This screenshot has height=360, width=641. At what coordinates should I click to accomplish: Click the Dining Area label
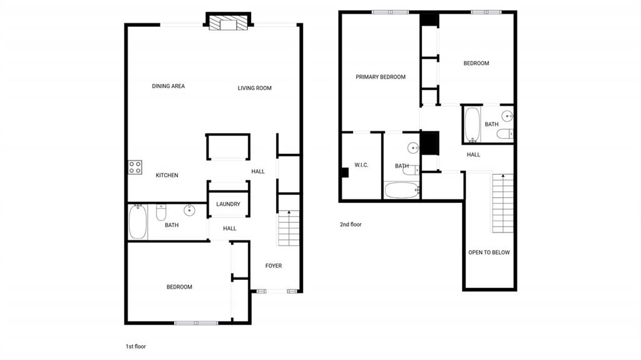[x=168, y=86]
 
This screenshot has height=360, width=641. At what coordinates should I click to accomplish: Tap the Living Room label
[x=254, y=88]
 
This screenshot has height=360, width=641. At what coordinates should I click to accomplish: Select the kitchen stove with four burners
[x=135, y=167]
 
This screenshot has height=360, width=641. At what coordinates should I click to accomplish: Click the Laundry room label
[x=228, y=204]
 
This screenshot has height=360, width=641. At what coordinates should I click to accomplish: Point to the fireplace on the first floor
[x=228, y=22]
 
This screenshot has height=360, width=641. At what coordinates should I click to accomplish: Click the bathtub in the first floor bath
[x=138, y=221]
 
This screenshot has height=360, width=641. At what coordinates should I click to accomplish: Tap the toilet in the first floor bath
[x=161, y=212]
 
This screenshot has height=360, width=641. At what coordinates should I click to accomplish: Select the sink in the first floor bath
[x=189, y=210]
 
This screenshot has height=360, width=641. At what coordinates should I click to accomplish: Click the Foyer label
[x=274, y=266]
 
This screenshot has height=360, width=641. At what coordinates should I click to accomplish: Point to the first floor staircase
[x=289, y=229]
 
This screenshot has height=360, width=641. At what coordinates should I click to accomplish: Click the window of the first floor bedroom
[x=196, y=323]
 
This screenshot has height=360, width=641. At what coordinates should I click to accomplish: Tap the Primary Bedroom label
[x=381, y=77]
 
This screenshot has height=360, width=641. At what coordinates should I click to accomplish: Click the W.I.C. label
[x=361, y=165]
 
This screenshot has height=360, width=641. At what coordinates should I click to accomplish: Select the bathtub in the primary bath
[x=402, y=190]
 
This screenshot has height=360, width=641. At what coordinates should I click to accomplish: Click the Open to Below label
[x=489, y=252]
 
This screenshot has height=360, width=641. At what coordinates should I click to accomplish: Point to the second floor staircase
[x=503, y=203]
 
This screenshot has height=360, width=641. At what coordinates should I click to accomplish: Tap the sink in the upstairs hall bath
[x=507, y=116]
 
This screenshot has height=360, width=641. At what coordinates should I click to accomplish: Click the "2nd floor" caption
[x=351, y=224]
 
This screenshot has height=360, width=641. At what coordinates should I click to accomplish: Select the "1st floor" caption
[x=136, y=346]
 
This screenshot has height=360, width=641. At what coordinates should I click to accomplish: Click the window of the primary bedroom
[x=390, y=13]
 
